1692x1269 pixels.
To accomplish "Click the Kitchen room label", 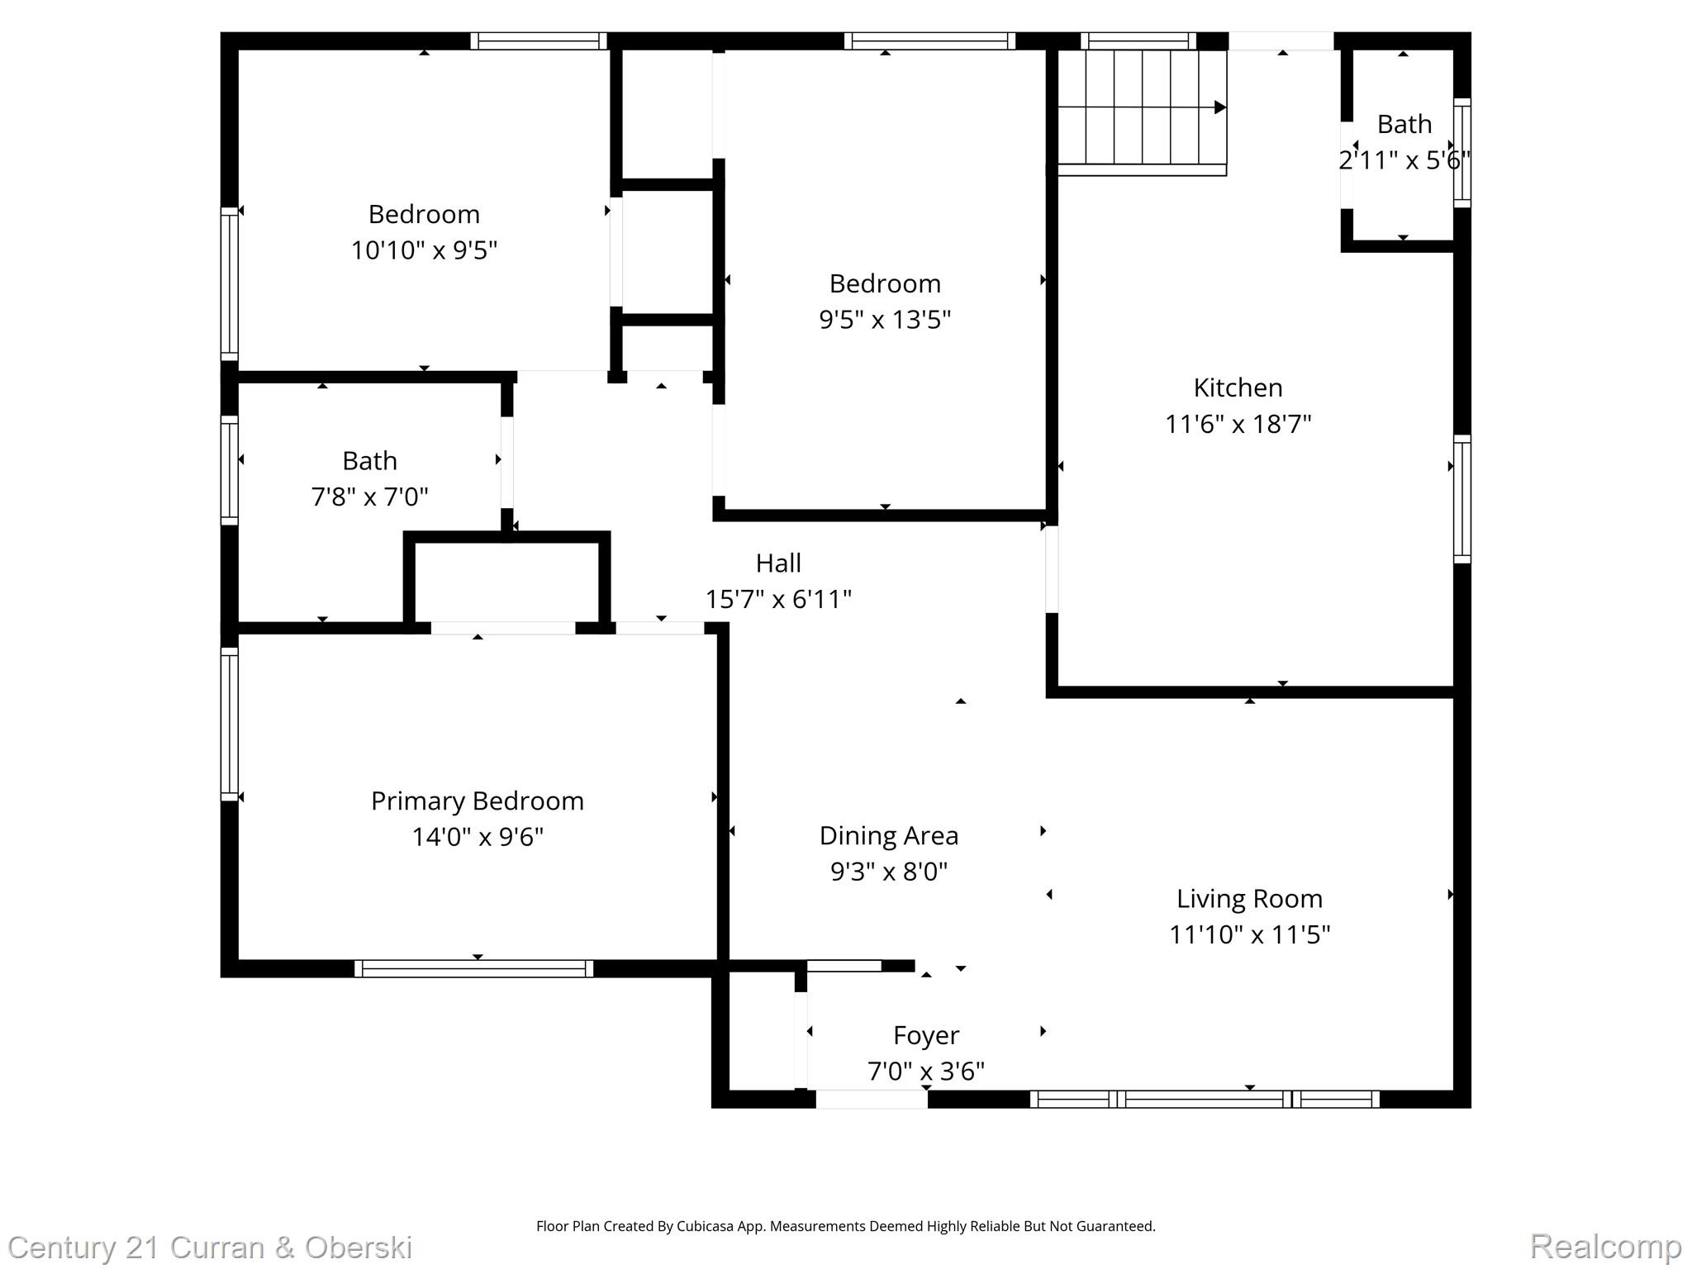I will [x=1238, y=387].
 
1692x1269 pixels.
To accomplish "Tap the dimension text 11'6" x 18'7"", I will [x=1238, y=424].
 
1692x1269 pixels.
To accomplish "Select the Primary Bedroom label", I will [x=477, y=801].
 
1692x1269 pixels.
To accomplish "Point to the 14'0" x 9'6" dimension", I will [x=477, y=837].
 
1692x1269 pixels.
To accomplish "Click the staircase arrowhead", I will [x=1219, y=107].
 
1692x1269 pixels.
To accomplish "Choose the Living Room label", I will [x=1249, y=898].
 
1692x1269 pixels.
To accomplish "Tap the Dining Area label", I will [x=888, y=835].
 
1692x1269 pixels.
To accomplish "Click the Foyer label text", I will [x=925, y=1035].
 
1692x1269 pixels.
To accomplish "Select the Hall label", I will [x=778, y=563].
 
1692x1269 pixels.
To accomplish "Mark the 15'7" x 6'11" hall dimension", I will [x=778, y=599].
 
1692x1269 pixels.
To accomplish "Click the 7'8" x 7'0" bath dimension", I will [x=369, y=497].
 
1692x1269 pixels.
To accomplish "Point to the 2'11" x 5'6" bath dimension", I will [x=1404, y=159].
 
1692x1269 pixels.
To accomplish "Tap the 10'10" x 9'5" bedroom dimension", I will [x=424, y=250].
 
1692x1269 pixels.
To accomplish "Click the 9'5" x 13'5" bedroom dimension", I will [x=885, y=319].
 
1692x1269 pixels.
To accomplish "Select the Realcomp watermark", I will [x=1605, y=1246].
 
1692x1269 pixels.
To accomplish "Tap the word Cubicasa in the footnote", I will [x=708, y=1226].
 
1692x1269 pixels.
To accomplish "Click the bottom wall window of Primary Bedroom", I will [x=473, y=968].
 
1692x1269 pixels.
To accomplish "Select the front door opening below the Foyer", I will [x=872, y=1099].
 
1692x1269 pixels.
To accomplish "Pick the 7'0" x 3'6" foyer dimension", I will [x=925, y=1072].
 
